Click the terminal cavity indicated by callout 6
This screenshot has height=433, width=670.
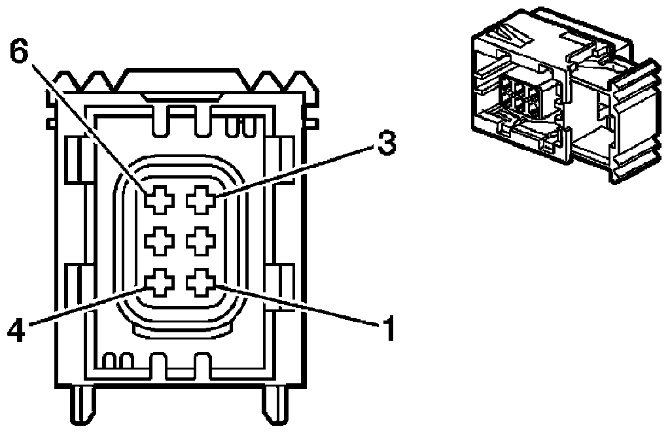pyautogui.click(x=157, y=199)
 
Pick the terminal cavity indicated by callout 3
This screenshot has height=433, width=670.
pyautogui.click(x=200, y=199)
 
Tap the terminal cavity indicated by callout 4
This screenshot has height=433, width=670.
pyautogui.click(x=157, y=283)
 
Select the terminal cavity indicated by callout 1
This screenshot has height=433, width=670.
pyautogui.click(x=200, y=283)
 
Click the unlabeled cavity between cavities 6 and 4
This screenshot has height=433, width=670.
pyautogui.click(x=157, y=242)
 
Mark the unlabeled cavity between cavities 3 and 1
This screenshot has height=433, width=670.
pyautogui.click(x=200, y=242)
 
